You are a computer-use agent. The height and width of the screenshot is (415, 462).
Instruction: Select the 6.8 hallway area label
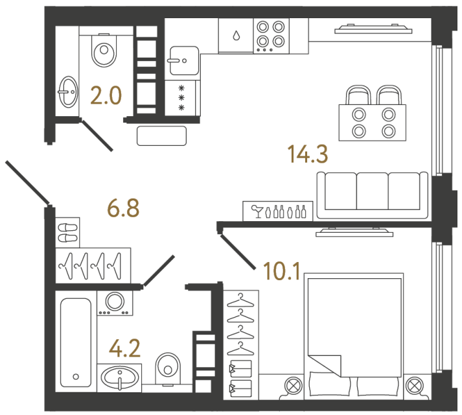[x=122, y=209]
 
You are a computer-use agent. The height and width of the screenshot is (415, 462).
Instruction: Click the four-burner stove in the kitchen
[x=270, y=34]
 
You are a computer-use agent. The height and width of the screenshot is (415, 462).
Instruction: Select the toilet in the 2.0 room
[x=104, y=49]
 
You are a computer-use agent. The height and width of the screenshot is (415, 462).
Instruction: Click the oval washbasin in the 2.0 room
[x=67, y=92]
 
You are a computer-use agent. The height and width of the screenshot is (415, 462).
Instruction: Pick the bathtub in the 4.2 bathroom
[x=76, y=342]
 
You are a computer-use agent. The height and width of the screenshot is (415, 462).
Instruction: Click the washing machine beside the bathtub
[x=115, y=302]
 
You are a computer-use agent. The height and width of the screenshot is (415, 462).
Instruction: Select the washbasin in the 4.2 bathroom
[x=121, y=377]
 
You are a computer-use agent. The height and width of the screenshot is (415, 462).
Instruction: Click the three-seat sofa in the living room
[x=372, y=195]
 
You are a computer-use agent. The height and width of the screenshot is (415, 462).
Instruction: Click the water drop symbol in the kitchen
[x=238, y=35]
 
